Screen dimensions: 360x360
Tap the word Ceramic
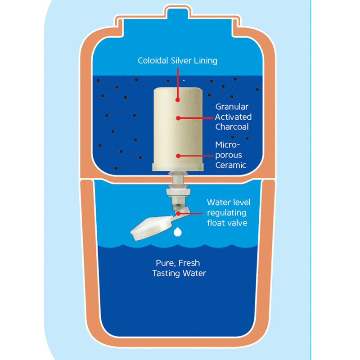click(x=231, y=165)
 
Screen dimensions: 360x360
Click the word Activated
click(x=233, y=117)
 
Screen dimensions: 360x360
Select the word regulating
click(x=227, y=212)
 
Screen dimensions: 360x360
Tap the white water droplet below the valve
click(x=178, y=232)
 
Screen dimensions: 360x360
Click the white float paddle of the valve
click(x=151, y=228)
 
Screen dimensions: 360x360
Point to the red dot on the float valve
click(x=178, y=213)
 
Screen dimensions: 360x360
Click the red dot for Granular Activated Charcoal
click(x=178, y=118)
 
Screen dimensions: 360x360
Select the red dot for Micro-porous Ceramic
click(x=178, y=156)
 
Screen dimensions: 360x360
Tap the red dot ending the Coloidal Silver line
click(x=178, y=99)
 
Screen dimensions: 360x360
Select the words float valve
click(x=227, y=222)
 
